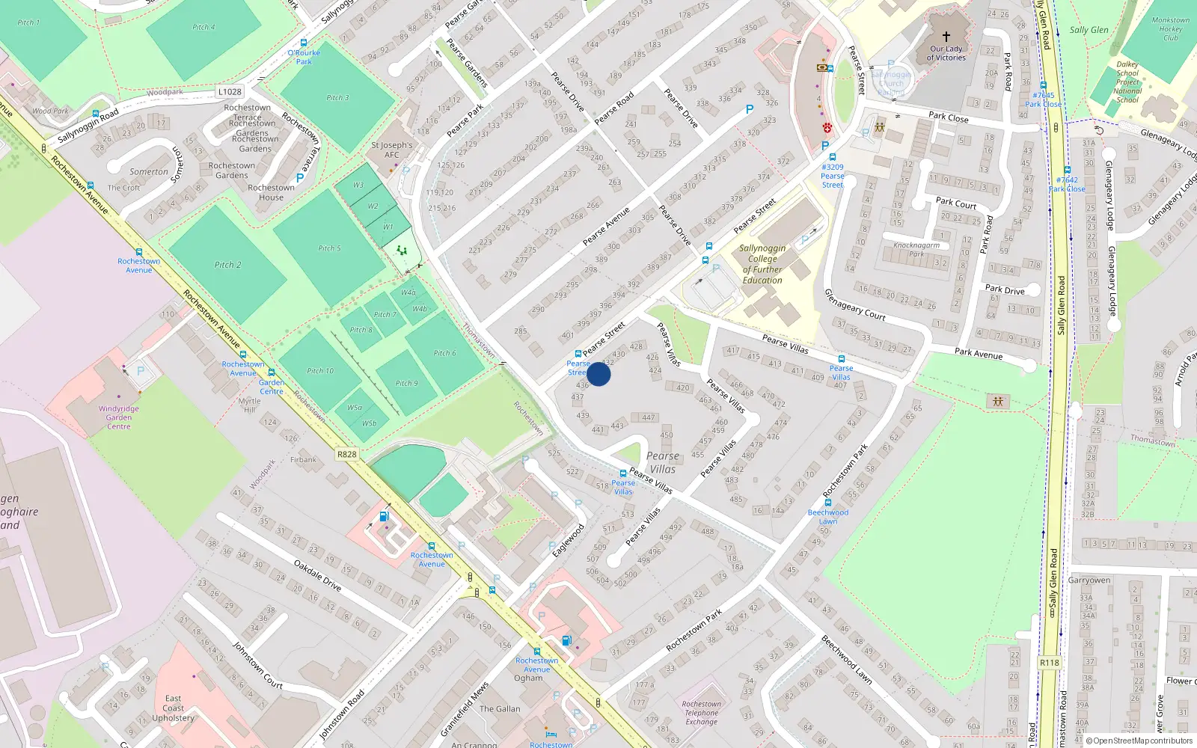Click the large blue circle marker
pyautogui.click(x=598, y=374)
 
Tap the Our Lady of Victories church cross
pyautogui.click(x=946, y=36)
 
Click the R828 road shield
pyautogui.click(x=347, y=454)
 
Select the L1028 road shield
pyautogui.click(x=230, y=92)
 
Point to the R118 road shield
pyautogui.click(x=1050, y=663)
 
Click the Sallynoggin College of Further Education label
pyautogui.click(x=762, y=264)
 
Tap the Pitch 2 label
pyautogui.click(x=228, y=265)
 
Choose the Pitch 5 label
pyautogui.click(x=329, y=248)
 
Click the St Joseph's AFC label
pyautogui.click(x=392, y=150)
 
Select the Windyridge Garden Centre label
pyautogui.click(x=119, y=417)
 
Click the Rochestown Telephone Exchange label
pyautogui.click(x=702, y=713)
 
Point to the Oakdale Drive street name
pyautogui.click(x=317, y=576)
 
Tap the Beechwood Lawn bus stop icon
pyautogui.click(x=828, y=503)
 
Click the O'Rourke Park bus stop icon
pyautogui.click(x=304, y=43)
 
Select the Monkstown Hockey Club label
pyautogui.click(x=1171, y=29)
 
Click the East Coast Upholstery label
pyautogui.click(x=173, y=708)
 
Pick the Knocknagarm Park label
pyautogui.click(x=916, y=249)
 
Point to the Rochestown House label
pyautogui.click(x=271, y=192)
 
